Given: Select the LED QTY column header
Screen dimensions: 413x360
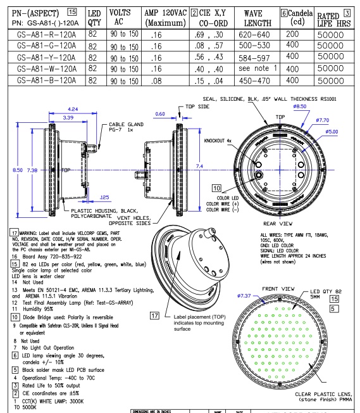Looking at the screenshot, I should (94, 18).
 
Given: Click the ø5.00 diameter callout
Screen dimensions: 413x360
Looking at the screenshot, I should (333, 132).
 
